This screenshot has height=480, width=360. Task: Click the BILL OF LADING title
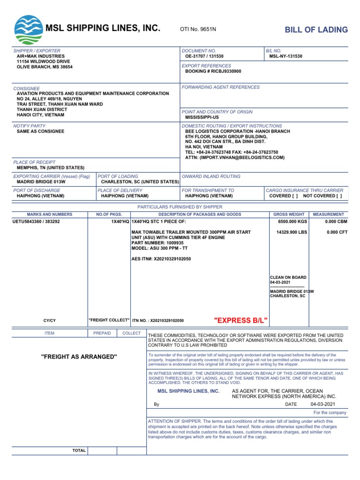[x=316, y=30]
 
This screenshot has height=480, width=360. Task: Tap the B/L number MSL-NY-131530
[x=285, y=56]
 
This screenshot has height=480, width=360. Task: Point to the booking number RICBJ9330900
[x=213, y=71]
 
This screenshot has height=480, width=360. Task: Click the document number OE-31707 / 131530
[x=204, y=56]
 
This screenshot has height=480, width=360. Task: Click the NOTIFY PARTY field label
[x=30, y=126]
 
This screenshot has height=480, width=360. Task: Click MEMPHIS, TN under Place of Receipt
[x=51, y=167]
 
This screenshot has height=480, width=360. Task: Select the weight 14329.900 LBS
[x=292, y=232]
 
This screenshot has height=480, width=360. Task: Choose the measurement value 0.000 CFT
[x=337, y=232]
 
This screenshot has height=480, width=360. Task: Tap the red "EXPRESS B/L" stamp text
[x=241, y=320]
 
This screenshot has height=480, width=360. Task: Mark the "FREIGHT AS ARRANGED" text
[x=79, y=357]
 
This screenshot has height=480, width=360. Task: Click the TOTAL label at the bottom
[x=79, y=450]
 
